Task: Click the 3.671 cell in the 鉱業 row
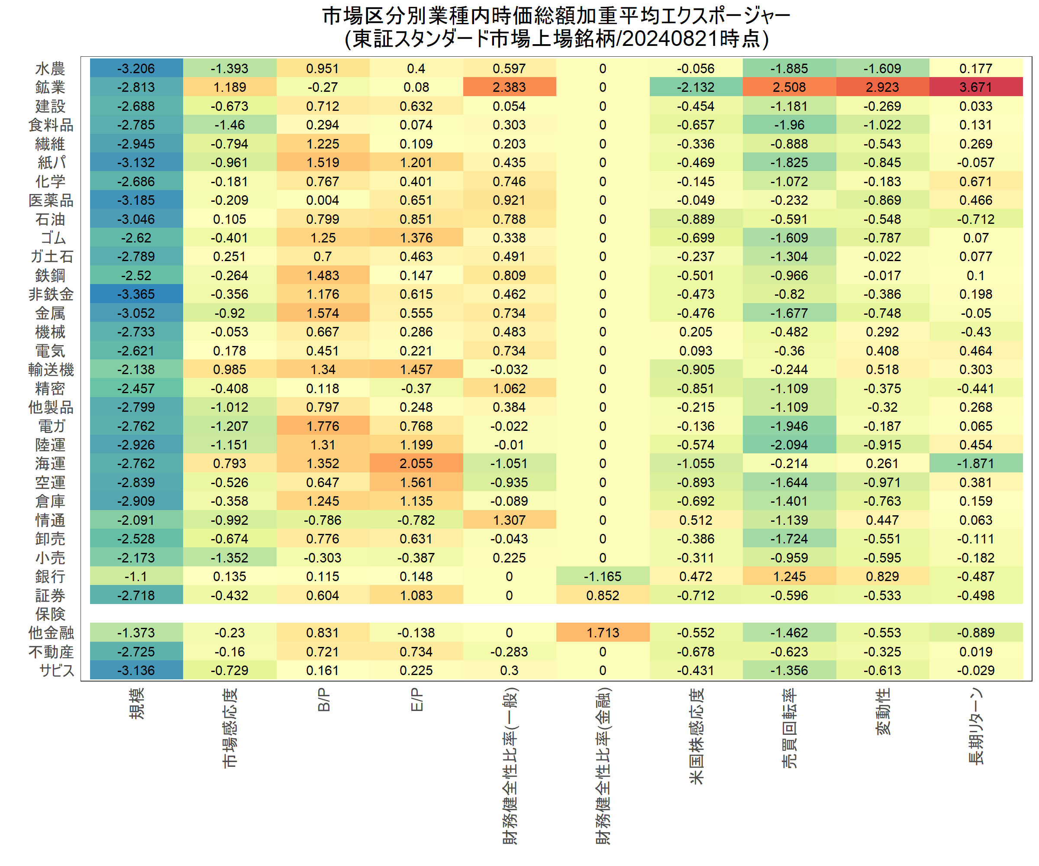coord(975,87)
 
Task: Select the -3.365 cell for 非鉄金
coord(136,294)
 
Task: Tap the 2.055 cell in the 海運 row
coord(416,463)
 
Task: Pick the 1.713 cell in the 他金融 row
coord(603,633)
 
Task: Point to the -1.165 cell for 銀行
coord(603,576)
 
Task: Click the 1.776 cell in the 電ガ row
coord(323,426)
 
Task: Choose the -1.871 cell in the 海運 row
coord(975,463)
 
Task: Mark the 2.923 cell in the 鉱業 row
coord(882,87)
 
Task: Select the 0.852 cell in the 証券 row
coord(603,595)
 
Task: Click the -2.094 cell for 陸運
coord(789,444)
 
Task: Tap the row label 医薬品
coord(51,200)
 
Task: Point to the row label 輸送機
coord(51,369)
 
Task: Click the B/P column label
coord(323,700)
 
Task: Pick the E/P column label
coord(416,700)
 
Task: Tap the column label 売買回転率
coord(790,727)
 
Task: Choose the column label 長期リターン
coord(976,726)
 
